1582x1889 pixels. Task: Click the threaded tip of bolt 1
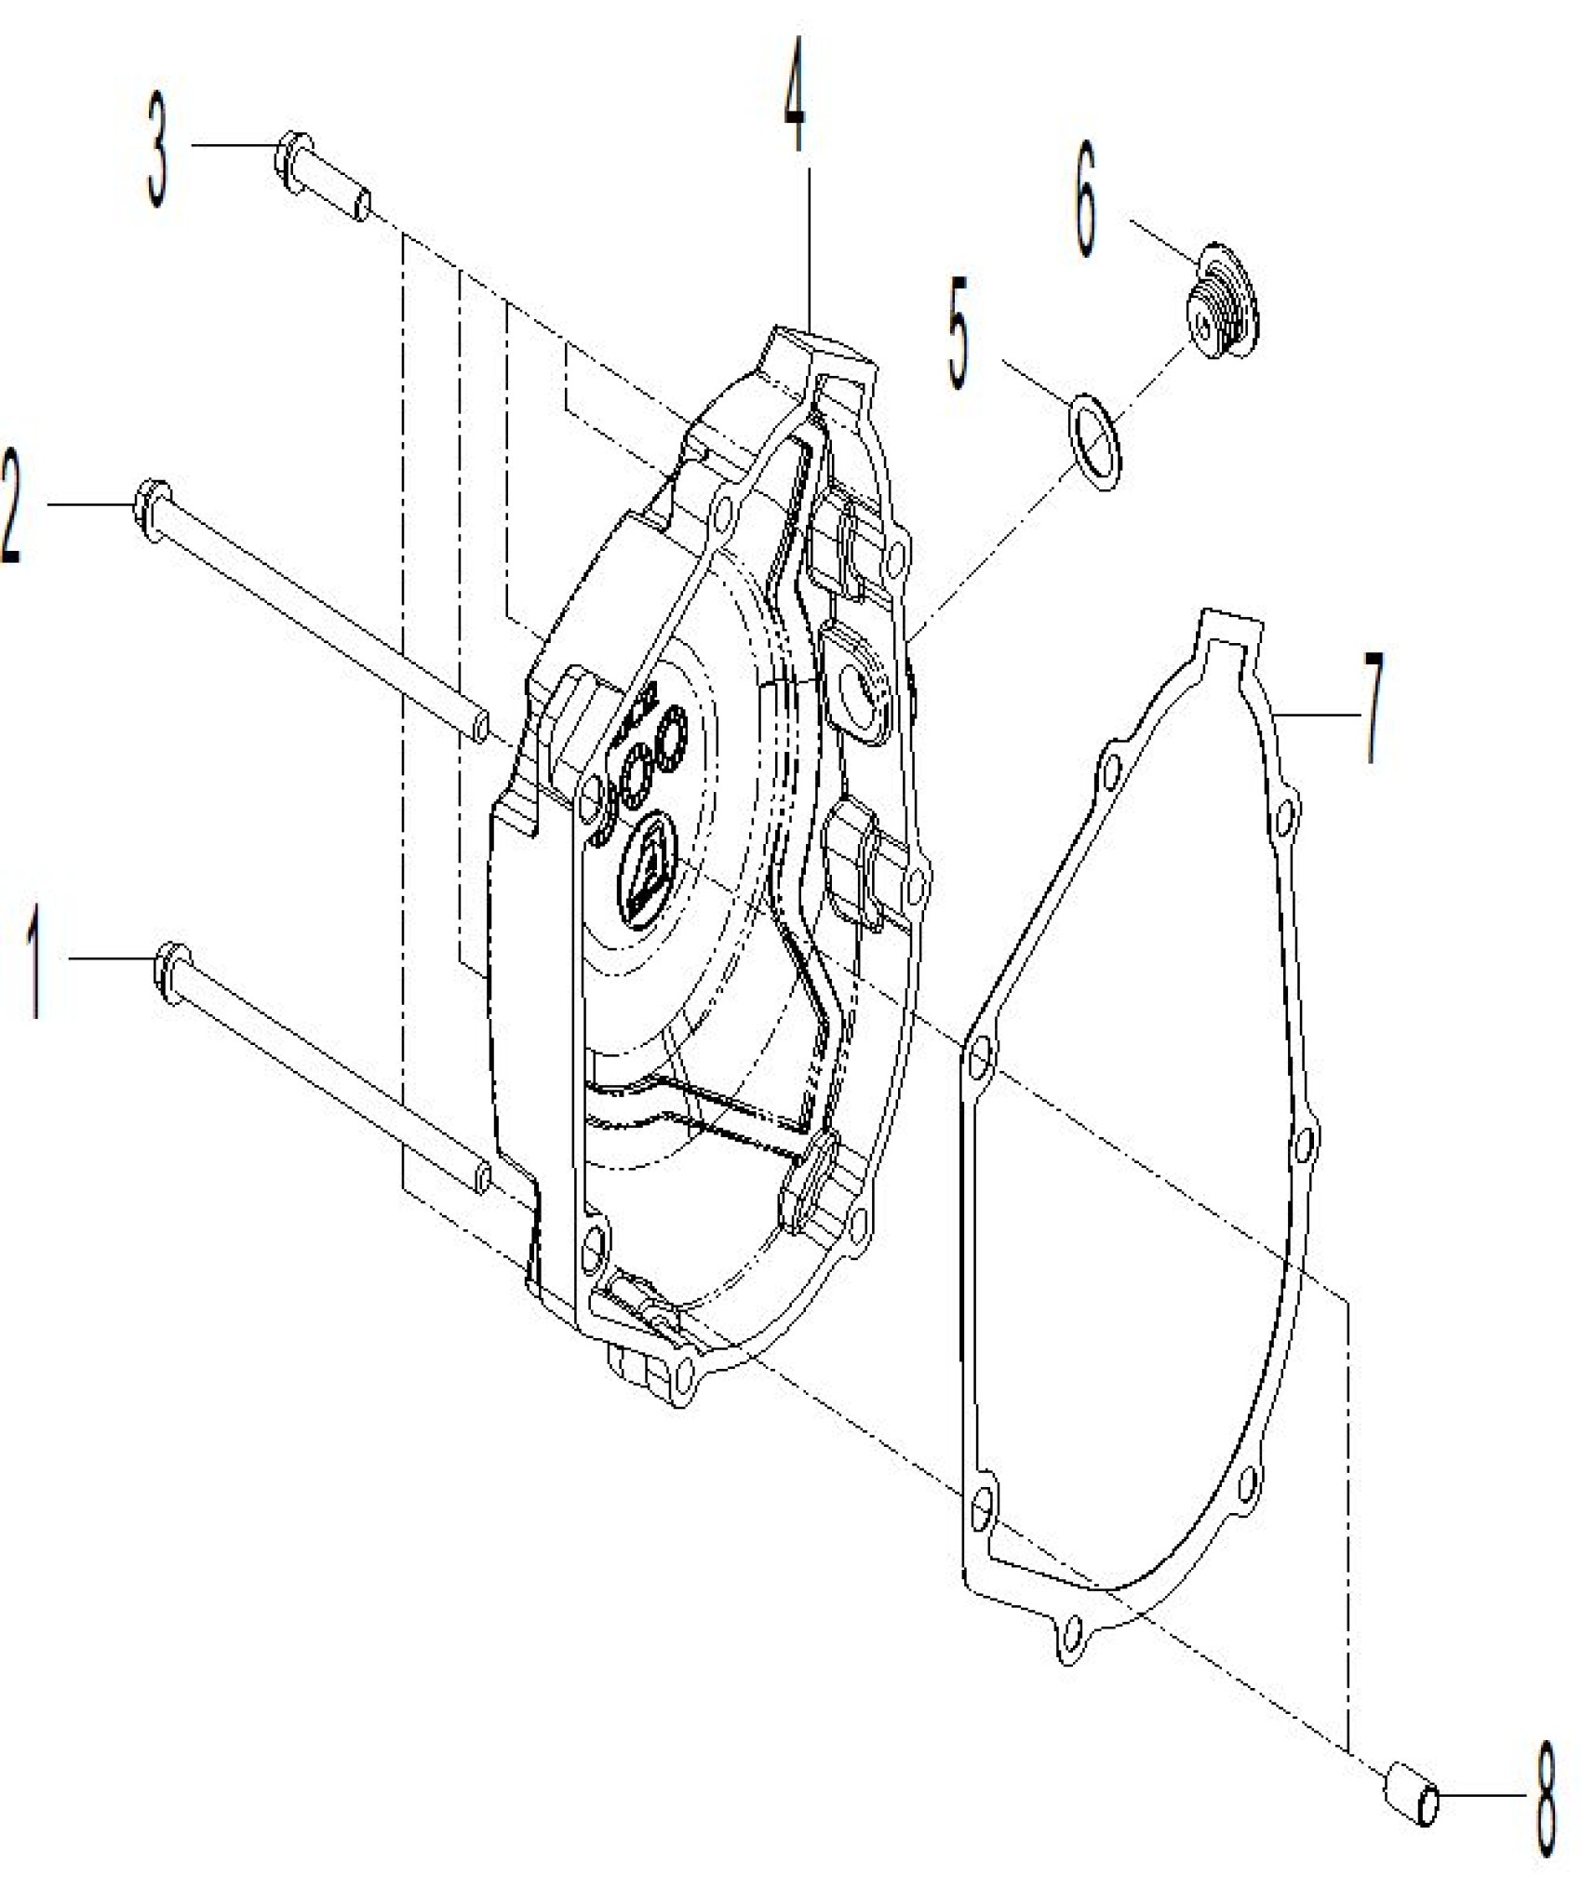478,1178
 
